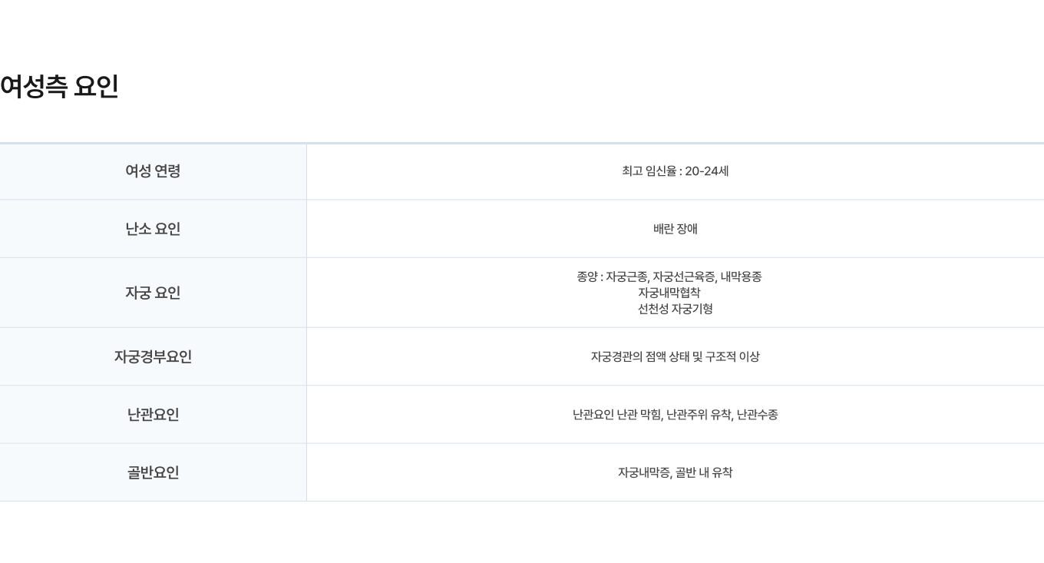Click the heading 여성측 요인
click(59, 86)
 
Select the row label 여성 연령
click(153, 171)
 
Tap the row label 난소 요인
click(153, 229)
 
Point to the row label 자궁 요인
click(153, 293)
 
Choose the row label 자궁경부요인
click(153, 357)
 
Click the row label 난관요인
click(153, 415)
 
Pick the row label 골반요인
click(153, 472)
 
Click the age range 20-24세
click(706, 171)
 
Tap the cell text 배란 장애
click(676, 229)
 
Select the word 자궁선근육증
click(685, 277)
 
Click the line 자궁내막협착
click(669, 293)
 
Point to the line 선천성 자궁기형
click(676, 309)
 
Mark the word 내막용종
click(741, 277)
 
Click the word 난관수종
click(758, 415)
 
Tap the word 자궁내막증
click(645, 472)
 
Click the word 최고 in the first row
click(633, 171)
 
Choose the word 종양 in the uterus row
click(587, 277)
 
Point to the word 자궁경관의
click(616, 357)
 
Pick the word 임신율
click(662, 171)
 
